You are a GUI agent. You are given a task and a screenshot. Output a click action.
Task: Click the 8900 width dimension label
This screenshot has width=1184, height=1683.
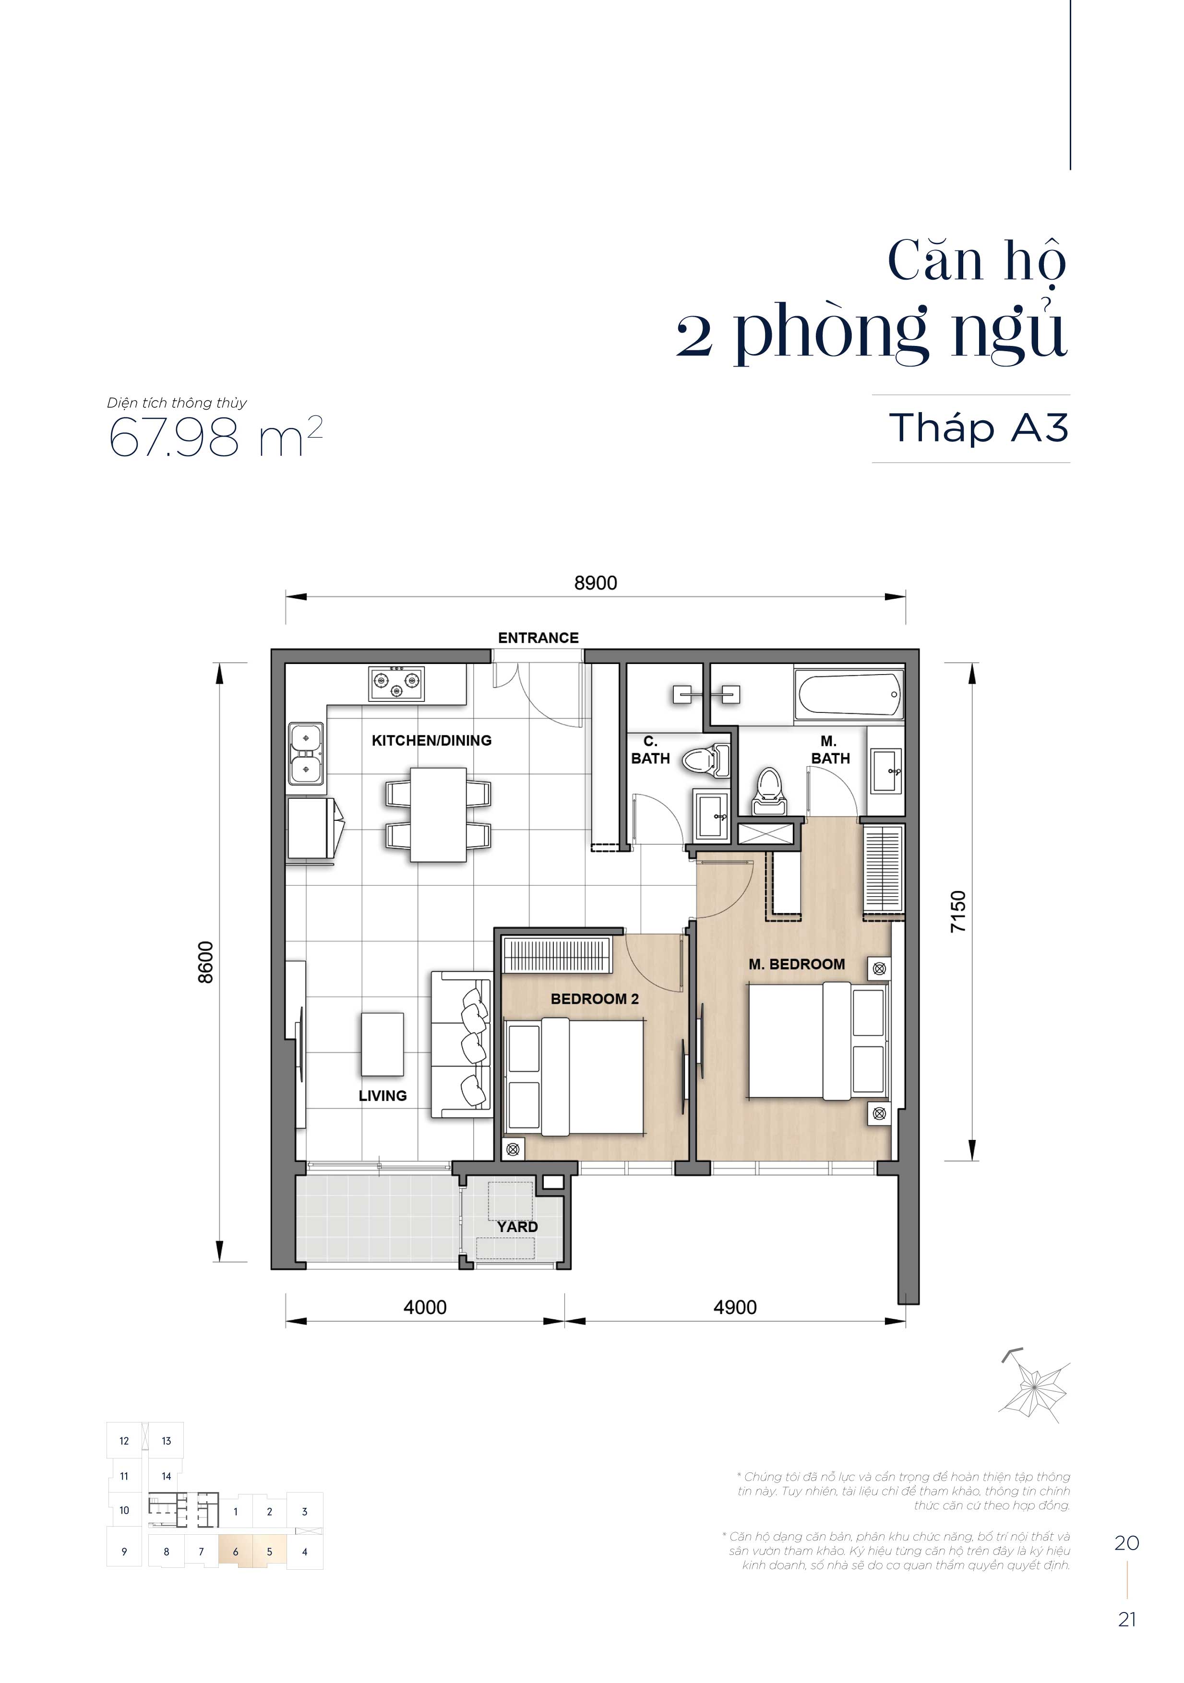coord(595,583)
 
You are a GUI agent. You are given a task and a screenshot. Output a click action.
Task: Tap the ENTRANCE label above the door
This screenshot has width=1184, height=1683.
coord(538,638)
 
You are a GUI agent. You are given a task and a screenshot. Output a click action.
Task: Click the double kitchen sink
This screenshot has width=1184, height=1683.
coord(307,754)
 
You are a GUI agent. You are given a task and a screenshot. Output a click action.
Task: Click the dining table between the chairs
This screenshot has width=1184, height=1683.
coord(438,814)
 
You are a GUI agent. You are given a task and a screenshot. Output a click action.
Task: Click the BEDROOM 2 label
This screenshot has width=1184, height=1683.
coord(595,999)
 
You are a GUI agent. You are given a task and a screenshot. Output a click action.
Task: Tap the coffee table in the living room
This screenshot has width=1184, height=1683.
coord(382,1044)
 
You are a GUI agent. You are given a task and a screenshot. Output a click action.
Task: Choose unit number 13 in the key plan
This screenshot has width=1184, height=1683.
coord(167,1440)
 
